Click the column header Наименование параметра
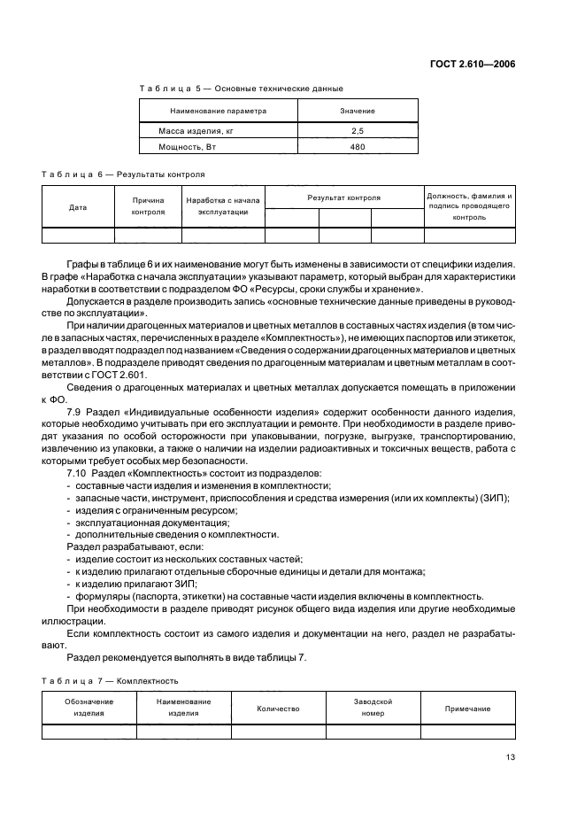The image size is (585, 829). pyautogui.click(x=218, y=111)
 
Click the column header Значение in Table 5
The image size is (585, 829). pyautogui.click(x=358, y=111)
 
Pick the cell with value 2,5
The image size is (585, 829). pyautogui.click(x=358, y=130)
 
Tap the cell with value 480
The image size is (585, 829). pyautogui.click(x=358, y=147)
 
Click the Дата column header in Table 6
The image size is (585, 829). pyautogui.click(x=78, y=207)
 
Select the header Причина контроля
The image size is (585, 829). pyautogui.click(x=148, y=207)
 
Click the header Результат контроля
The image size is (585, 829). pyautogui.click(x=344, y=198)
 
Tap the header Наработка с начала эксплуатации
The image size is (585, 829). pyautogui.click(x=223, y=207)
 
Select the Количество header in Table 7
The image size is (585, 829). pyautogui.click(x=278, y=709)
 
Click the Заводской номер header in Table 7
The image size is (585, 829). pyautogui.click(x=373, y=708)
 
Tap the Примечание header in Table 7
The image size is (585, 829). pyautogui.click(x=467, y=709)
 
